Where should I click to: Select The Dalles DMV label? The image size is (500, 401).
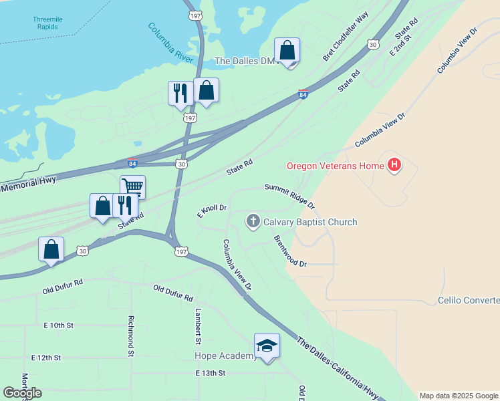coord(245,61)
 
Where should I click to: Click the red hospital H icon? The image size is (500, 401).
coord(394,165)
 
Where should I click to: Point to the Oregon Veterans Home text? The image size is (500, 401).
coord(334,166)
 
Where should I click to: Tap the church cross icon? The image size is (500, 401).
coord(253,222)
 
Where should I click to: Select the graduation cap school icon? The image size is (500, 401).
coord(267,346)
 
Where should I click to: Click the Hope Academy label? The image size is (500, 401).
coord(225,356)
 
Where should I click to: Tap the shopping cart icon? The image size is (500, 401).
coord(133,186)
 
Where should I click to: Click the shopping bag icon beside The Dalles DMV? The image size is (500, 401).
coord(287,50)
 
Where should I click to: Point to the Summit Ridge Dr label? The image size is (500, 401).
coord(289,195)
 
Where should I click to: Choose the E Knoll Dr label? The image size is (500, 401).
coord(213,212)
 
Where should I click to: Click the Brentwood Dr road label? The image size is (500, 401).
coord(289,251)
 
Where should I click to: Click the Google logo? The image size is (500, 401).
coord(22,393)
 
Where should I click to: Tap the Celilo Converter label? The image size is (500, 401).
coord(469,301)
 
